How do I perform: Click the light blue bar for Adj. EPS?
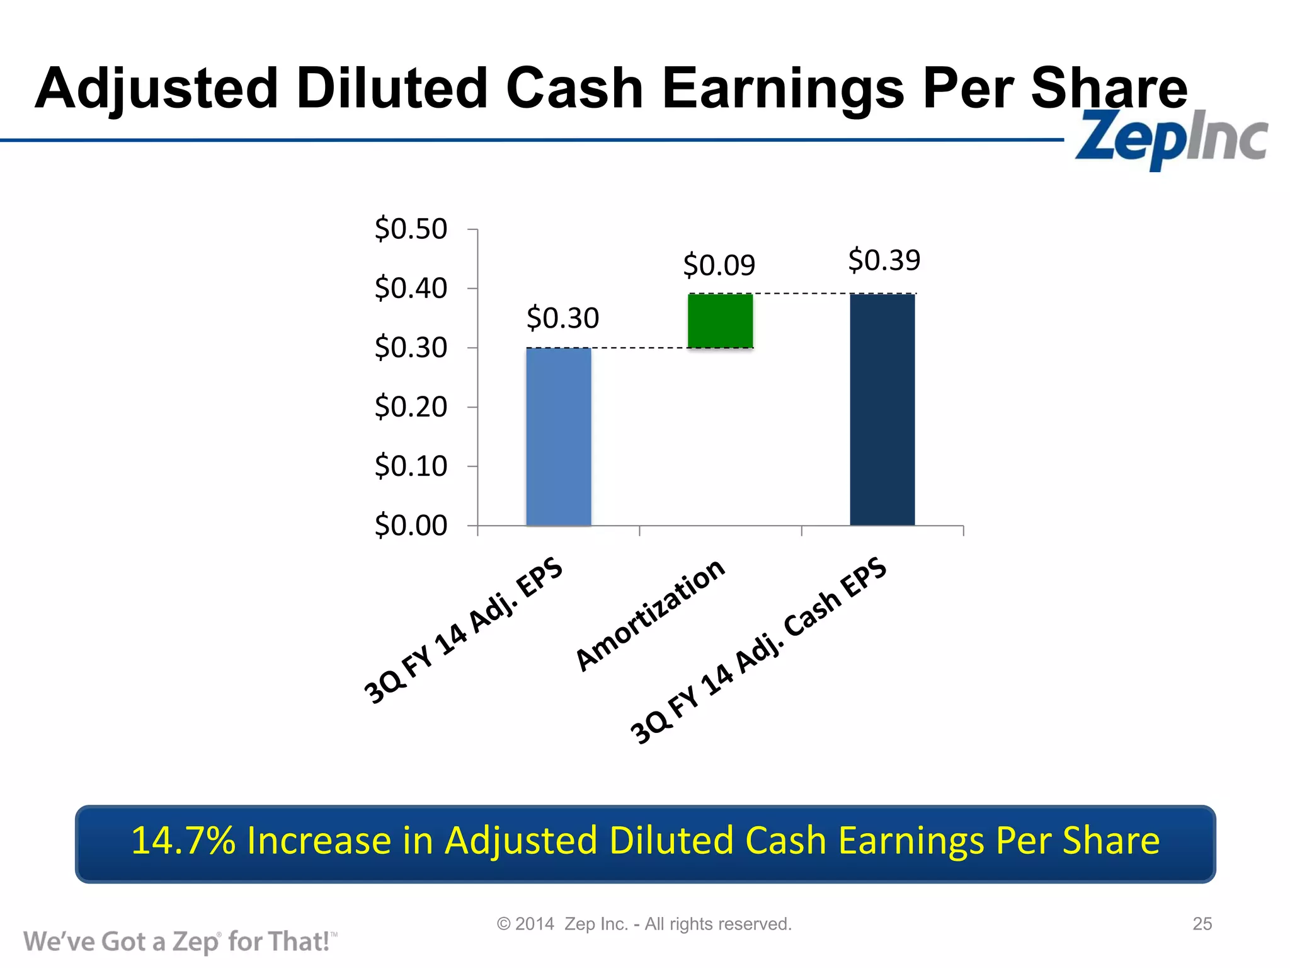[x=559, y=436]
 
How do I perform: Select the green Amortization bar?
[x=720, y=321]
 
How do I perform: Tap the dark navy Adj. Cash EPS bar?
[x=882, y=410]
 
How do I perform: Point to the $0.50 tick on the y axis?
[x=411, y=229]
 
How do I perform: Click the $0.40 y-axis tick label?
[x=411, y=289]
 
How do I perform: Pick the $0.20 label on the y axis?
[x=411, y=407]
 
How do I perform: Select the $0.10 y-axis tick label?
[x=411, y=466]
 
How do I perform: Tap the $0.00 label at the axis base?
[x=411, y=526]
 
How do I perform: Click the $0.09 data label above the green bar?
[x=719, y=265]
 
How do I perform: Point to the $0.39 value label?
[x=884, y=260]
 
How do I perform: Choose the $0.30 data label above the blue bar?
[x=562, y=318]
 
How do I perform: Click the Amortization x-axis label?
[x=651, y=614]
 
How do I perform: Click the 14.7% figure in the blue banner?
[x=183, y=841]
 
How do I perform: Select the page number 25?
[x=1202, y=924]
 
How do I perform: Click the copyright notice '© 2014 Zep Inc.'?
[x=644, y=924]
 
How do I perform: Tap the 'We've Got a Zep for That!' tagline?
[x=180, y=942]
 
